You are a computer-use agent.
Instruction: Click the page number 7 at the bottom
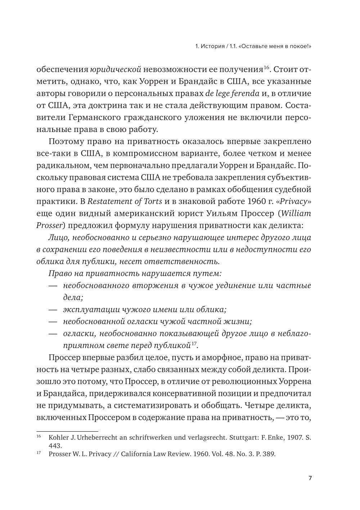coord(310,478)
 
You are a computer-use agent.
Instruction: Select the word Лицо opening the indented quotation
coord(56,237)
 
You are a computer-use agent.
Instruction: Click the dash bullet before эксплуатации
coord(53,309)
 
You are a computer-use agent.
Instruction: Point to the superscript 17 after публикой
coord(194,343)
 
